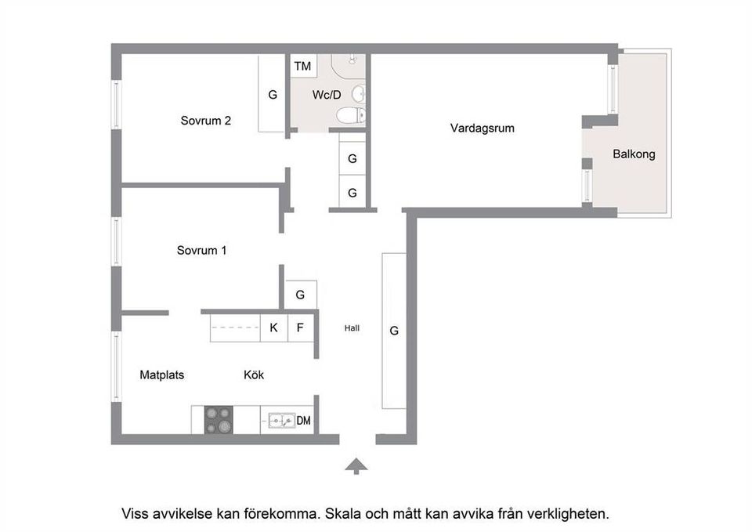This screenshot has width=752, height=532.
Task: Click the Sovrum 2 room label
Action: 205,121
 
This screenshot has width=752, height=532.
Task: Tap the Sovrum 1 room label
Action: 201,251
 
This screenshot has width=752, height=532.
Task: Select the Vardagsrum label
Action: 482,128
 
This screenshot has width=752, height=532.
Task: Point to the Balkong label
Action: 634,154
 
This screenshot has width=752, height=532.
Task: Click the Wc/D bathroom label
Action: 327,96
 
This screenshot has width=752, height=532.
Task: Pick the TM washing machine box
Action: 302,67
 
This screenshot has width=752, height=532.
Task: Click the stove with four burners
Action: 219,421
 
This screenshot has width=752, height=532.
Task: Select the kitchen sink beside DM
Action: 280,421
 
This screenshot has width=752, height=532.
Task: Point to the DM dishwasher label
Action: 304,421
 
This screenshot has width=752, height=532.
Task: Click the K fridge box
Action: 273,328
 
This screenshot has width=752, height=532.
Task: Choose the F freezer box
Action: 300,328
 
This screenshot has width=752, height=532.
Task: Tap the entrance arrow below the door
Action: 356,466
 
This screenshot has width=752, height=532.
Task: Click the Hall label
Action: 352,328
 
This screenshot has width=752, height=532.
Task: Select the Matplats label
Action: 162,375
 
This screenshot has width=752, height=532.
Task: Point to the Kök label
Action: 254,375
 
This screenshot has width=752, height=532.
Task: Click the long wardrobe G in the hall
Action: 394,331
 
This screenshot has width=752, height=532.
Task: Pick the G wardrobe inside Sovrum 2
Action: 273,95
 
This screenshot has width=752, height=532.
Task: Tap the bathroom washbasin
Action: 357,94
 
